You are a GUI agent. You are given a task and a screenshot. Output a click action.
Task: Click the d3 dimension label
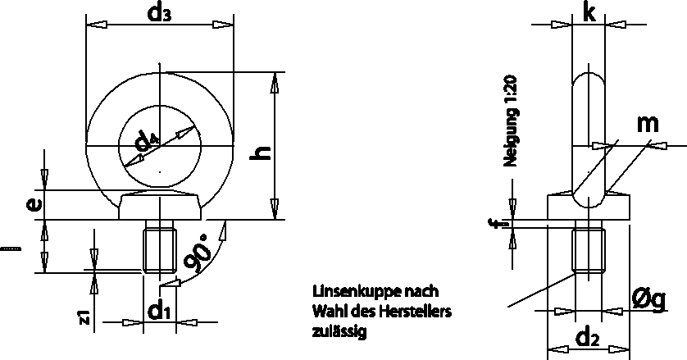[158, 14]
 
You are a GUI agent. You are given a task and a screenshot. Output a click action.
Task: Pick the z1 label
[84, 317]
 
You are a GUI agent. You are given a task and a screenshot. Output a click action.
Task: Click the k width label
[588, 12]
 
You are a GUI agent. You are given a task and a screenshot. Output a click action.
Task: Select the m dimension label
[648, 124]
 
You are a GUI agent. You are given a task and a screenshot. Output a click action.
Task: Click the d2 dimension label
[587, 336]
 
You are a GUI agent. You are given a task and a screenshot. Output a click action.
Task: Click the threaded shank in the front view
[161, 251]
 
